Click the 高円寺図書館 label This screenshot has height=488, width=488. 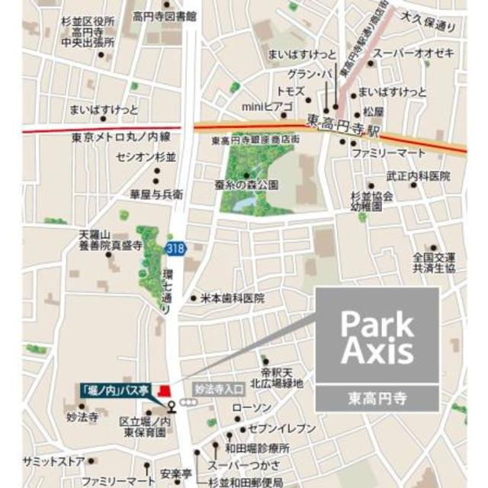click(164, 14)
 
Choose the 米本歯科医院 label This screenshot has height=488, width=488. click(232, 298)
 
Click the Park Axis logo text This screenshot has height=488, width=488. click(377, 336)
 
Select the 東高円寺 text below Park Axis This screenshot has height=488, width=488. click(377, 397)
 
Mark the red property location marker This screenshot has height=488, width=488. click(162, 391)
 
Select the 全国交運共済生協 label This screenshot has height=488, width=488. click(432, 263)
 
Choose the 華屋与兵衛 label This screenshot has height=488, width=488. click(156, 194)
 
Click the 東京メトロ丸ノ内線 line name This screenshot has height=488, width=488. click(121, 137)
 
